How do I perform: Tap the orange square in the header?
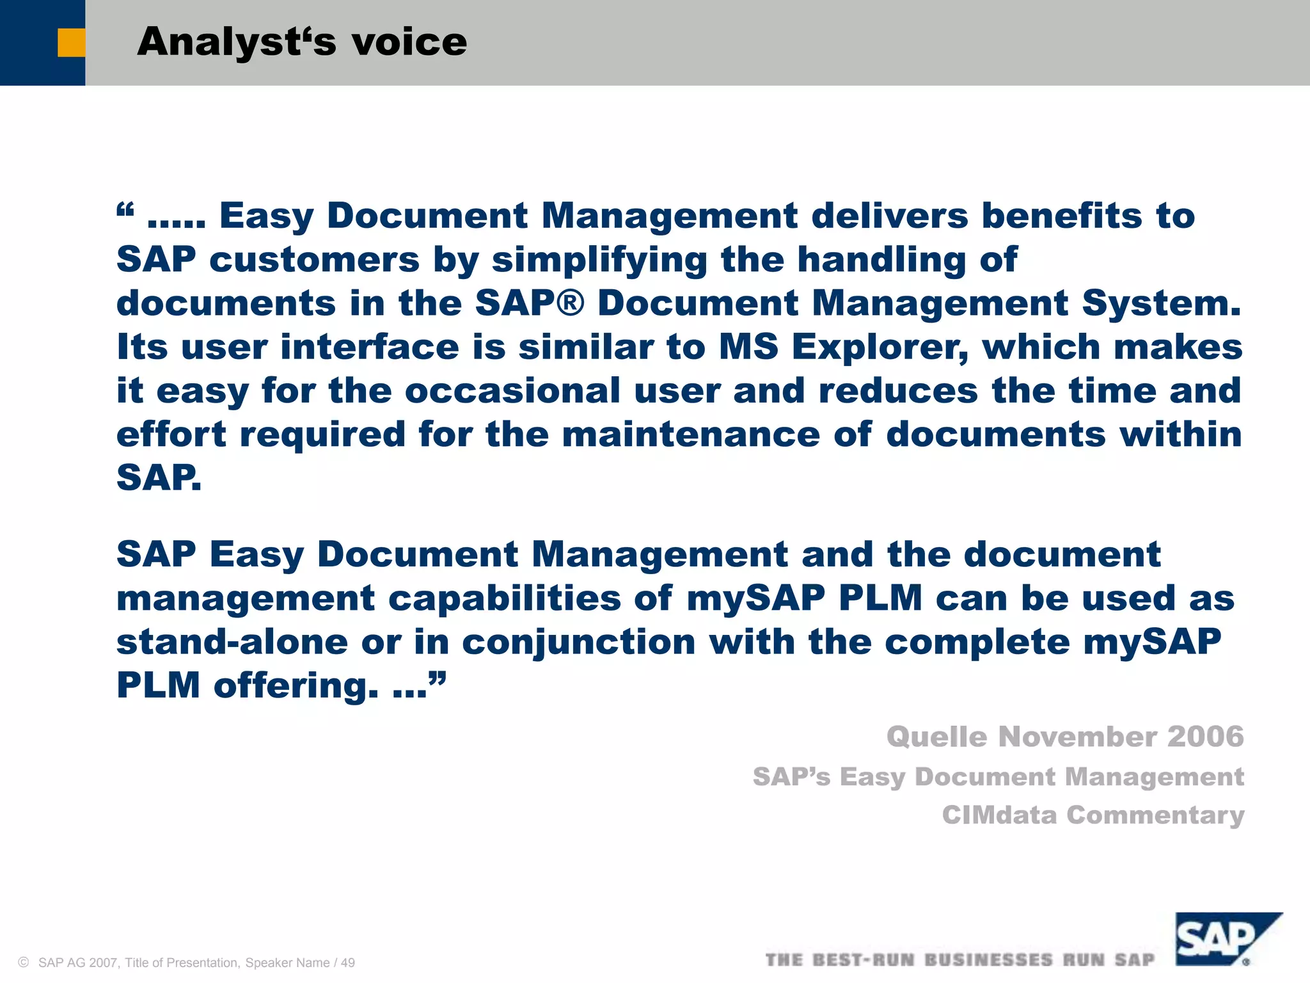71,43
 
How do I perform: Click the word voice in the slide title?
409,42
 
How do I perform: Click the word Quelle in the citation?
936,737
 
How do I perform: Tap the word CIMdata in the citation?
998,815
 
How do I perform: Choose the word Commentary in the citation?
1155,816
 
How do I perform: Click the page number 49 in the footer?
348,963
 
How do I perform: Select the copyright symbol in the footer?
24,963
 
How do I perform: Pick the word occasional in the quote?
512,391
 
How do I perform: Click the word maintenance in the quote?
691,435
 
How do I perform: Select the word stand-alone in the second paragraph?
232,642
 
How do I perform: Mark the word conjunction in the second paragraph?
578,643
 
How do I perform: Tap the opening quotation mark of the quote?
125,209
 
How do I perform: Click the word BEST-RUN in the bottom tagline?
864,960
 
